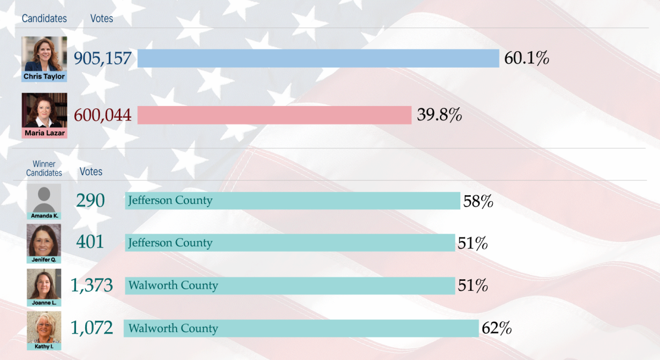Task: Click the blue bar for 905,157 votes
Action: point(318,58)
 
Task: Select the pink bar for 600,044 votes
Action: point(274,115)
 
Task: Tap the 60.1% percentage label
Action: point(526,58)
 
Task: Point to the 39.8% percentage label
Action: point(439,115)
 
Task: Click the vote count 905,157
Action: point(102,58)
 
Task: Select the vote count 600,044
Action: point(102,115)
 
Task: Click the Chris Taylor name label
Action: point(44,76)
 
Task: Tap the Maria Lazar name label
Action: point(45,133)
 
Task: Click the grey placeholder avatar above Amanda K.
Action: point(44,198)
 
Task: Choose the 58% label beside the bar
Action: point(478,202)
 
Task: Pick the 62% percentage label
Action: point(497,328)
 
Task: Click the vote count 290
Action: point(90,201)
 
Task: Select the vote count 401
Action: point(90,242)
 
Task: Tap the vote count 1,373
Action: point(92,285)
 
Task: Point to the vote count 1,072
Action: point(92,328)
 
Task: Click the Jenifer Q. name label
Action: point(44,259)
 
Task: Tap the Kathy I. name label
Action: point(44,346)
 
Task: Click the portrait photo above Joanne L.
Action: point(44,284)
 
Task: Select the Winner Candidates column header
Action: point(44,168)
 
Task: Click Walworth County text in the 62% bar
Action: point(173,328)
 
